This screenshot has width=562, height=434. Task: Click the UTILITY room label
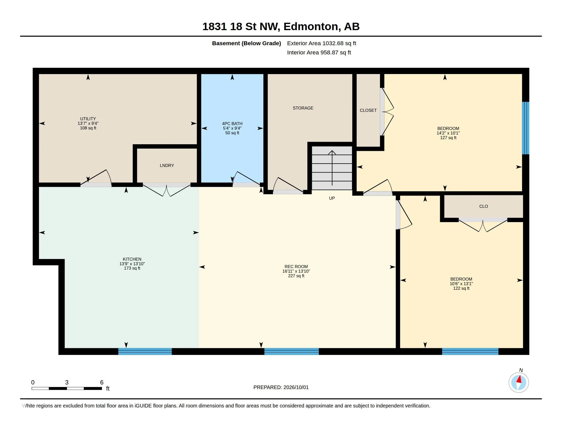[x=88, y=119]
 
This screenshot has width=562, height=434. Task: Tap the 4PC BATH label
[x=232, y=124]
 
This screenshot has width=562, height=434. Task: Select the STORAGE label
[x=303, y=108]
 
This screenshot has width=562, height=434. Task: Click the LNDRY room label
[x=167, y=166]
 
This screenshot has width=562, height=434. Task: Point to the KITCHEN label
[x=132, y=259]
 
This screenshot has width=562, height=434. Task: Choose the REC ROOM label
[x=296, y=267]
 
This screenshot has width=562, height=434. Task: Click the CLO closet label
[x=484, y=206]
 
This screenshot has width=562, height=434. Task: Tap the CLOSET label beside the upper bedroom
[x=368, y=110]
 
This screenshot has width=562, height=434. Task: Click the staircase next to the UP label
[x=332, y=168]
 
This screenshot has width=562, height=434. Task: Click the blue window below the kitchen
[x=145, y=352]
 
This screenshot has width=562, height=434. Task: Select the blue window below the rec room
[x=291, y=352]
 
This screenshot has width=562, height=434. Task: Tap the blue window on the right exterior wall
[x=525, y=128]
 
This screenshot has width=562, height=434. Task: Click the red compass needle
[x=519, y=379]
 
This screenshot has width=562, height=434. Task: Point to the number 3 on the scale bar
[x=67, y=382]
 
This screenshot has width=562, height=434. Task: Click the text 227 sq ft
[x=296, y=276]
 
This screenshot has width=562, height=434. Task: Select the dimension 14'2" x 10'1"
[x=448, y=133]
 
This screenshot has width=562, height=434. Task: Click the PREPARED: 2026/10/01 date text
[x=281, y=387]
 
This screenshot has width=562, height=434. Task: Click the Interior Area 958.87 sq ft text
[x=319, y=52]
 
